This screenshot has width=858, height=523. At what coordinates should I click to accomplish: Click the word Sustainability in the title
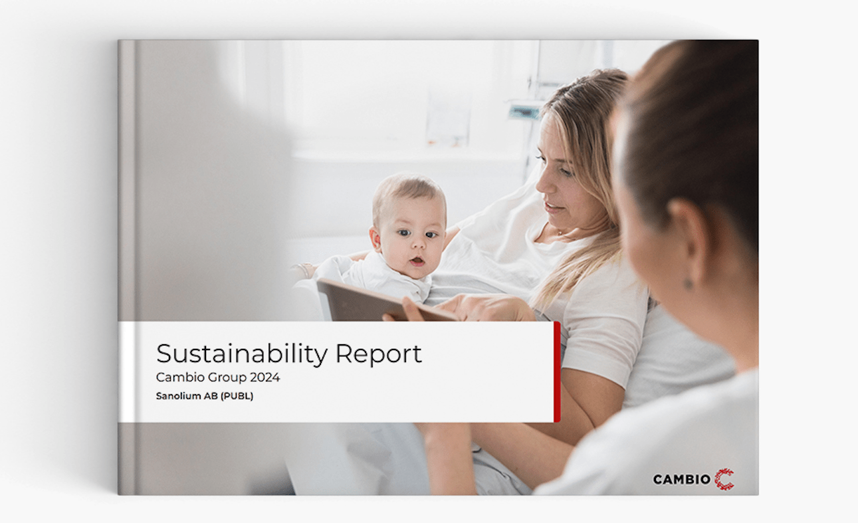click(242, 354)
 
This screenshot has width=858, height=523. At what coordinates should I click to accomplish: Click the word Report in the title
click(378, 354)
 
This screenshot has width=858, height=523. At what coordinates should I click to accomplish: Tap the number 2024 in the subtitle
click(265, 377)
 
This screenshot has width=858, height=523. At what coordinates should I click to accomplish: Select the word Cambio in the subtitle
click(180, 377)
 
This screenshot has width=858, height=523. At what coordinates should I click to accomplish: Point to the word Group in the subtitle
click(227, 378)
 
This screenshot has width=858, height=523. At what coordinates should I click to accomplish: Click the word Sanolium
click(179, 396)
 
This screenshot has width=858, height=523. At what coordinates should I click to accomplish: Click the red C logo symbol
click(724, 479)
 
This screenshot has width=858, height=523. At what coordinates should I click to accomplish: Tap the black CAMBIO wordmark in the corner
click(682, 480)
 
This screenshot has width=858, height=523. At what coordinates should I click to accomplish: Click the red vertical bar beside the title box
click(557, 371)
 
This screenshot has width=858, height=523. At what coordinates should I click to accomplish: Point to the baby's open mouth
click(417, 262)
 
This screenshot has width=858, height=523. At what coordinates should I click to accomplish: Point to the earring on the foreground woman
click(689, 284)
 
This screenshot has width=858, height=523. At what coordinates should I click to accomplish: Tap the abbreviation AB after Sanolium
click(211, 396)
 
